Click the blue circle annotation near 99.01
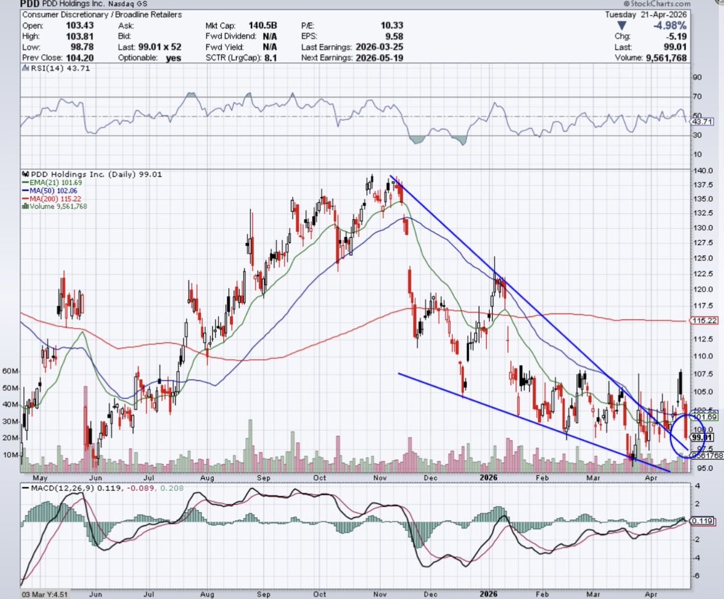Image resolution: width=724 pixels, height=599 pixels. [x=687, y=436]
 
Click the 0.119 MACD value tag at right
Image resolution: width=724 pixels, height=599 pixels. [x=702, y=521]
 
